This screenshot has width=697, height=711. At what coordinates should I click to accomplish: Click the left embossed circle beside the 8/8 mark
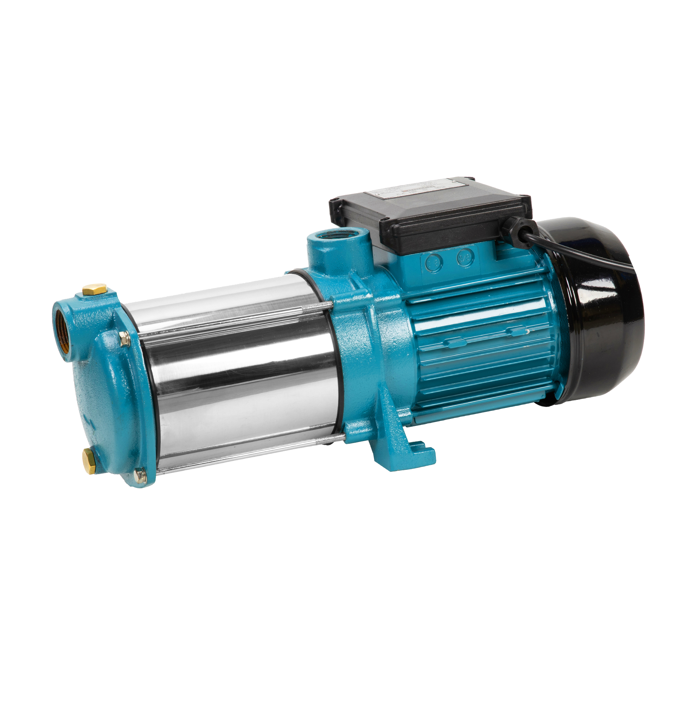434,261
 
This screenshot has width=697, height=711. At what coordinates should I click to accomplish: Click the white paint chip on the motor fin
526,332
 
